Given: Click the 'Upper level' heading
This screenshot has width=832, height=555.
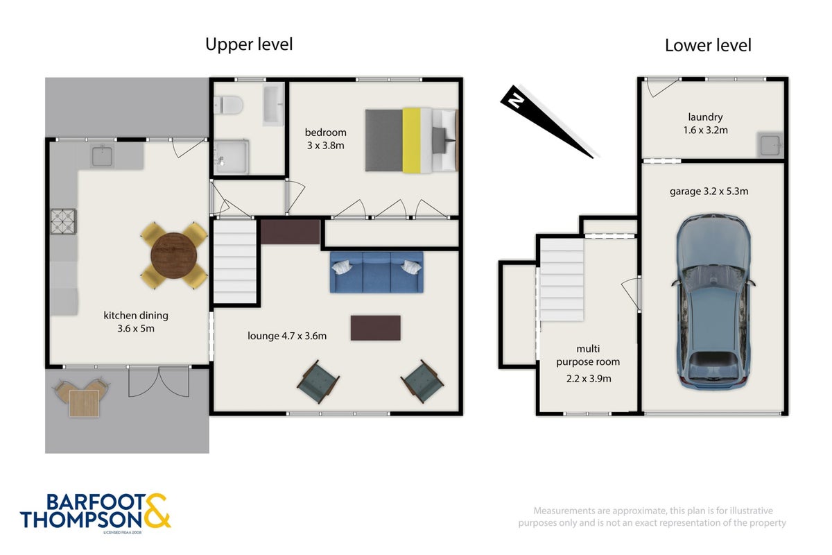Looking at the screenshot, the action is pyautogui.click(x=249, y=44).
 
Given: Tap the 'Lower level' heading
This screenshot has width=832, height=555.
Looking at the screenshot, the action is pyautogui.click(x=708, y=46).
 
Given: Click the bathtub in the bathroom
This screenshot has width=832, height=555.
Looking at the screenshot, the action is pyautogui.click(x=273, y=104).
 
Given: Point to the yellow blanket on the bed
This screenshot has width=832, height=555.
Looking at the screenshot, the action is pyautogui.click(x=412, y=141).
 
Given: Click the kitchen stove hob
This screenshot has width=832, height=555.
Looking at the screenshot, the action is pyautogui.click(x=64, y=221).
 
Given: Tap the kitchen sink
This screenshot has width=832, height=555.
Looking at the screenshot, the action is pyautogui.click(x=102, y=156).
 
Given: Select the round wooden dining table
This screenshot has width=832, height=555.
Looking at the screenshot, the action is pyautogui.click(x=174, y=256).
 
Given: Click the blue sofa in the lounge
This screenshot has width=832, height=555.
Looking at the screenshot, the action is pyautogui.click(x=376, y=272).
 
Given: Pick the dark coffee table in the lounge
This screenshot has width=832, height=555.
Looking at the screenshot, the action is pyautogui.click(x=376, y=328).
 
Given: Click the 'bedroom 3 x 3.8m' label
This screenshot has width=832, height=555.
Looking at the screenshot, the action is pyautogui.click(x=326, y=139).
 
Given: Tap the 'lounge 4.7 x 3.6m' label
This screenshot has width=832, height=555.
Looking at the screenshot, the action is pyautogui.click(x=287, y=336).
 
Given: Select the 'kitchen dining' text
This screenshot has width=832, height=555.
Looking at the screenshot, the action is pyautogui.click(x=136, y=316).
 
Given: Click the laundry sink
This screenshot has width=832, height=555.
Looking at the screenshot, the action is pyautogui.click(x=770, y=144).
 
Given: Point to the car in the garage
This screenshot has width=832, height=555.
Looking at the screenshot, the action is pyautogui.click(x=713, y=302).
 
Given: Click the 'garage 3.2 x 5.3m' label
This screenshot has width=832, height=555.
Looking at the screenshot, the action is pyautogui.click(x=709, y=191).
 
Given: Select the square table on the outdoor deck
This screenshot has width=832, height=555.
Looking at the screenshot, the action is pyautogui.click(x=85, y=403).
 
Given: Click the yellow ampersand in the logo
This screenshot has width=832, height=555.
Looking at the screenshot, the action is pyautogui.click(x=157, y=511).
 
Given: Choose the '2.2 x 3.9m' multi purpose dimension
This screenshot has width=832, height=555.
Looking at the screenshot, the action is pyautogui.click(x=589, y=379).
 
